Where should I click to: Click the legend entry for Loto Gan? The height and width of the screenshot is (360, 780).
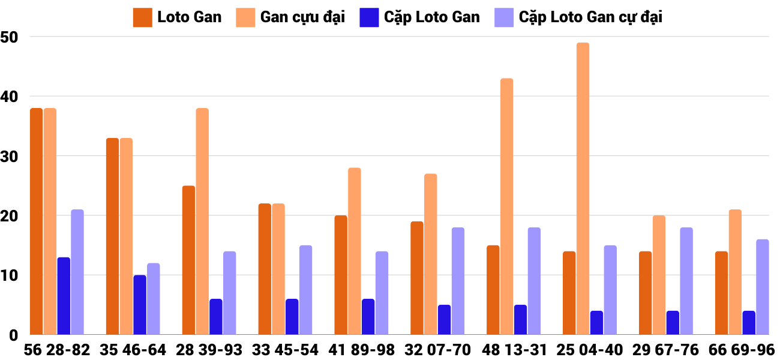178,17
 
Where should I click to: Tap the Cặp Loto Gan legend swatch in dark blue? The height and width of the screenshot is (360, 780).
367,17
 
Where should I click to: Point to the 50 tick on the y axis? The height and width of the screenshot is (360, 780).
10,37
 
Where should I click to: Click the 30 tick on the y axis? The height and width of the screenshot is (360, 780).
10,156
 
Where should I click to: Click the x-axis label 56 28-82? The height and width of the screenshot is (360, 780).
57,350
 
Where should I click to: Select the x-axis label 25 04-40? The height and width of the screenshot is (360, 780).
590,350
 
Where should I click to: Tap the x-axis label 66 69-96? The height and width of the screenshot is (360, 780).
742,350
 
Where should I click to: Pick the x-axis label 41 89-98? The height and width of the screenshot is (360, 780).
361,350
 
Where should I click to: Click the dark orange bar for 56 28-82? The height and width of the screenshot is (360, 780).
36,221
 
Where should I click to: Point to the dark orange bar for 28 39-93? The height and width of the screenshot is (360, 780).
188,260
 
